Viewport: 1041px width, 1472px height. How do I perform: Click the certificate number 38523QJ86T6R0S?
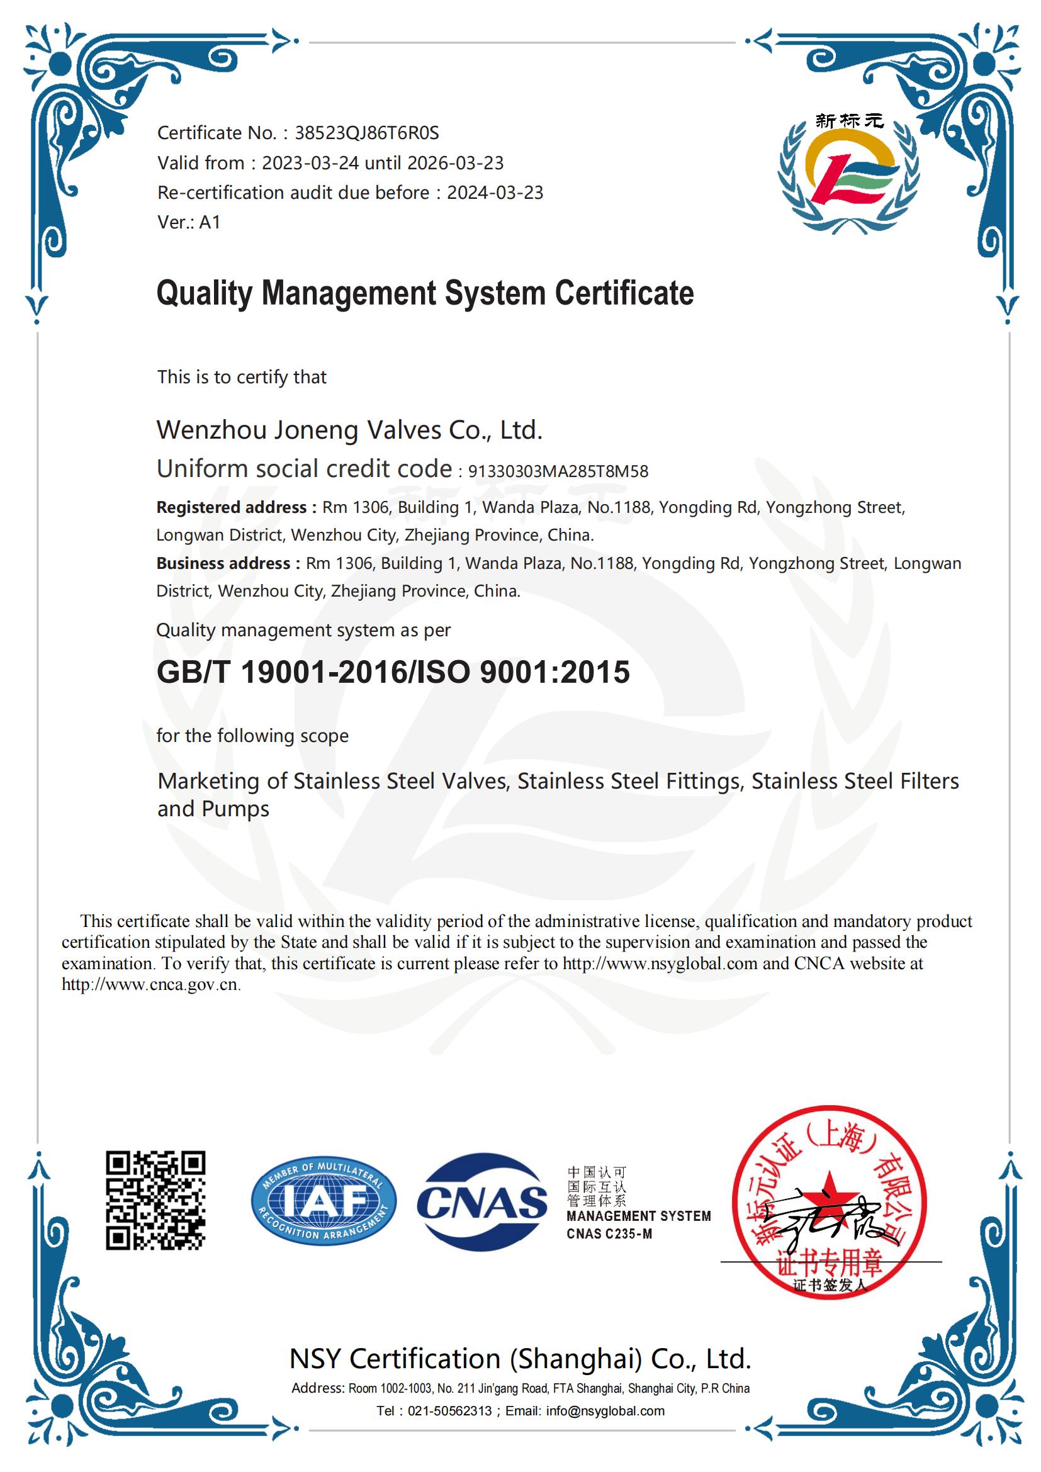(366, 133)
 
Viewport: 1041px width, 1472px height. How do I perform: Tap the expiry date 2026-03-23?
(455, 163)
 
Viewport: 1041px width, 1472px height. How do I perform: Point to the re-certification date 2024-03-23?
(495, 193)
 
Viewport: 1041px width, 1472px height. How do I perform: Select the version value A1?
(210, 222)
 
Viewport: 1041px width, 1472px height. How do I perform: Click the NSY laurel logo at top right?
(848, 173)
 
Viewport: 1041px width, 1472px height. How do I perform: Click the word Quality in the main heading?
(205, 294)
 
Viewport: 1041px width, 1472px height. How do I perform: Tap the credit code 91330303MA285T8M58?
(558, 471)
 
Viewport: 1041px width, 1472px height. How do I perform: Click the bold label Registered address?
(236, 507)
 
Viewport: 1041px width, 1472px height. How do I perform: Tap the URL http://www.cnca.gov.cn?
(150, 984)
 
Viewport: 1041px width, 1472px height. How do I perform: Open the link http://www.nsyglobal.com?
(660, 963)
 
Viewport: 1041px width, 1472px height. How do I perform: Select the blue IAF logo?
(323, 1201)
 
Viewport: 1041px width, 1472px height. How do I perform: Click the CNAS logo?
(482, 1202)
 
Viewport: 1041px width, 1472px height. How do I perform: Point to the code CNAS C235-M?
(609, 1233)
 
